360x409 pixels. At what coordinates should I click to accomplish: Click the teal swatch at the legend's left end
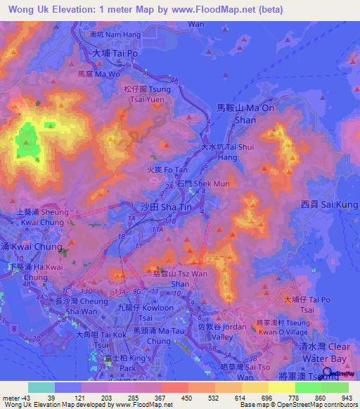click(x=41, y=387)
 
